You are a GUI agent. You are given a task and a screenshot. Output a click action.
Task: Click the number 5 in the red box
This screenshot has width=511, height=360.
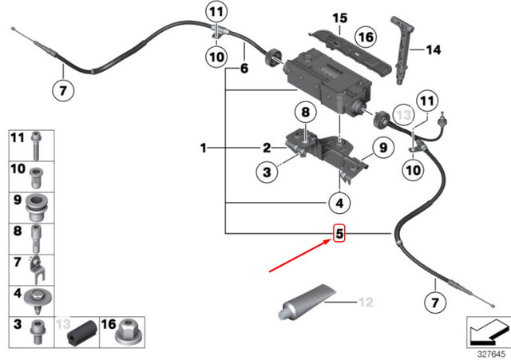click(x=339, y=234)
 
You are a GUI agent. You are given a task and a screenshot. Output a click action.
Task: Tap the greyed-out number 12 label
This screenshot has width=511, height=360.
click(x=366, y=302)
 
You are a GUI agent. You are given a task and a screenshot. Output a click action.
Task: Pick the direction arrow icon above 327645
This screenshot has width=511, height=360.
click(x=488, y=328)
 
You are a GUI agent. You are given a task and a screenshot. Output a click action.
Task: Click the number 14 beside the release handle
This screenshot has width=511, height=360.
click(x=432, y=50)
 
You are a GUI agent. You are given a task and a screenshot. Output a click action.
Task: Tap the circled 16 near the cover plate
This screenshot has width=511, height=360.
click(x=366, y=37)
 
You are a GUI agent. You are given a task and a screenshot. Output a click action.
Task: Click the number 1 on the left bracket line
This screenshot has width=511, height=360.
click(x=204, y=148)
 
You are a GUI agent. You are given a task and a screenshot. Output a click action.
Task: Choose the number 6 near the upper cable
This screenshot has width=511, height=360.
click(x=244, y=69)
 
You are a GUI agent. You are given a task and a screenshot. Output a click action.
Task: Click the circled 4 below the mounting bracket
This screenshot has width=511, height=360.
click(x=339, y=204)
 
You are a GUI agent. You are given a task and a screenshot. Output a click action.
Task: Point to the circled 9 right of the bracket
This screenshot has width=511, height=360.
click(x=382, y=147)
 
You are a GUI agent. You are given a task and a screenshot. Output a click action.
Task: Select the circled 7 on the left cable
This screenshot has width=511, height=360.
click(x=64, y=89)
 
